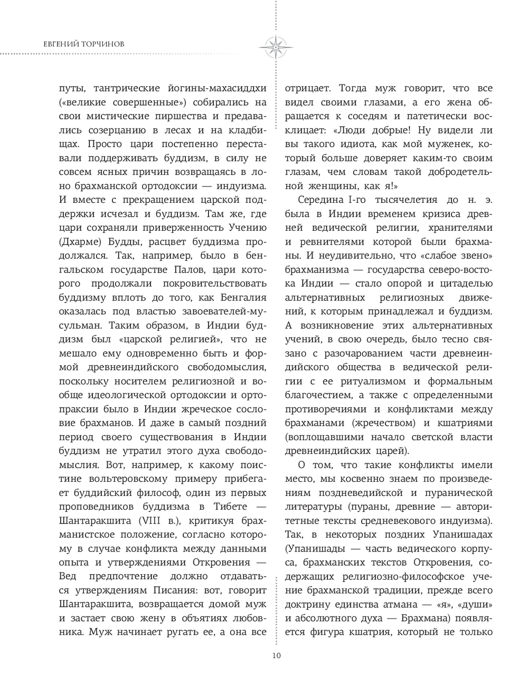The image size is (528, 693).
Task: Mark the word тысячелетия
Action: [400, 200]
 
